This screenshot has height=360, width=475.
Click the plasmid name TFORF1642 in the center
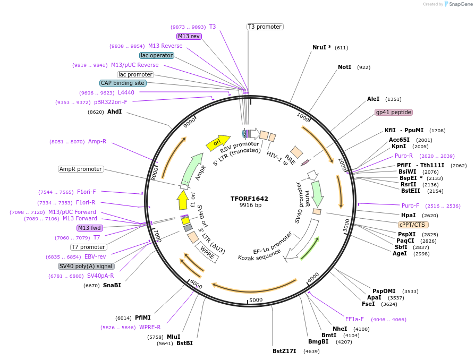pos(249,199)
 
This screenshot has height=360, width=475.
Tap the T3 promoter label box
pos(265,27)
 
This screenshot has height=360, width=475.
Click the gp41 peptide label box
pos(394,112)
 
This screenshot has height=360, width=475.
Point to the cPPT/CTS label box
pos(413,225)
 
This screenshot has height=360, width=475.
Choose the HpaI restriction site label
pos(408,215)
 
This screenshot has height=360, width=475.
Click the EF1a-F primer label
pos(354,319)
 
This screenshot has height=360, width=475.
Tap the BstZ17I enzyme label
pos(284,351)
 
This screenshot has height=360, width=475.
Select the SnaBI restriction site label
pos(112,285)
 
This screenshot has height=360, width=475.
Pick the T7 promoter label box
pos(89,247)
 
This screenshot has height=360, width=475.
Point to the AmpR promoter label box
pos(81,169)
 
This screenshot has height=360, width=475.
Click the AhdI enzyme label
pos(114,112)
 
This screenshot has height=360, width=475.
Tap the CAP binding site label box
pos(123,83)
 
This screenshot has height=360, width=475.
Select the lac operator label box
pos(157,55)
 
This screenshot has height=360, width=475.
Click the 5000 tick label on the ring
pos(256,300)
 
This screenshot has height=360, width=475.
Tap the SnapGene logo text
pos(459,4)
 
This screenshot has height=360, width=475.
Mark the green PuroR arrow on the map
pos(317,193)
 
